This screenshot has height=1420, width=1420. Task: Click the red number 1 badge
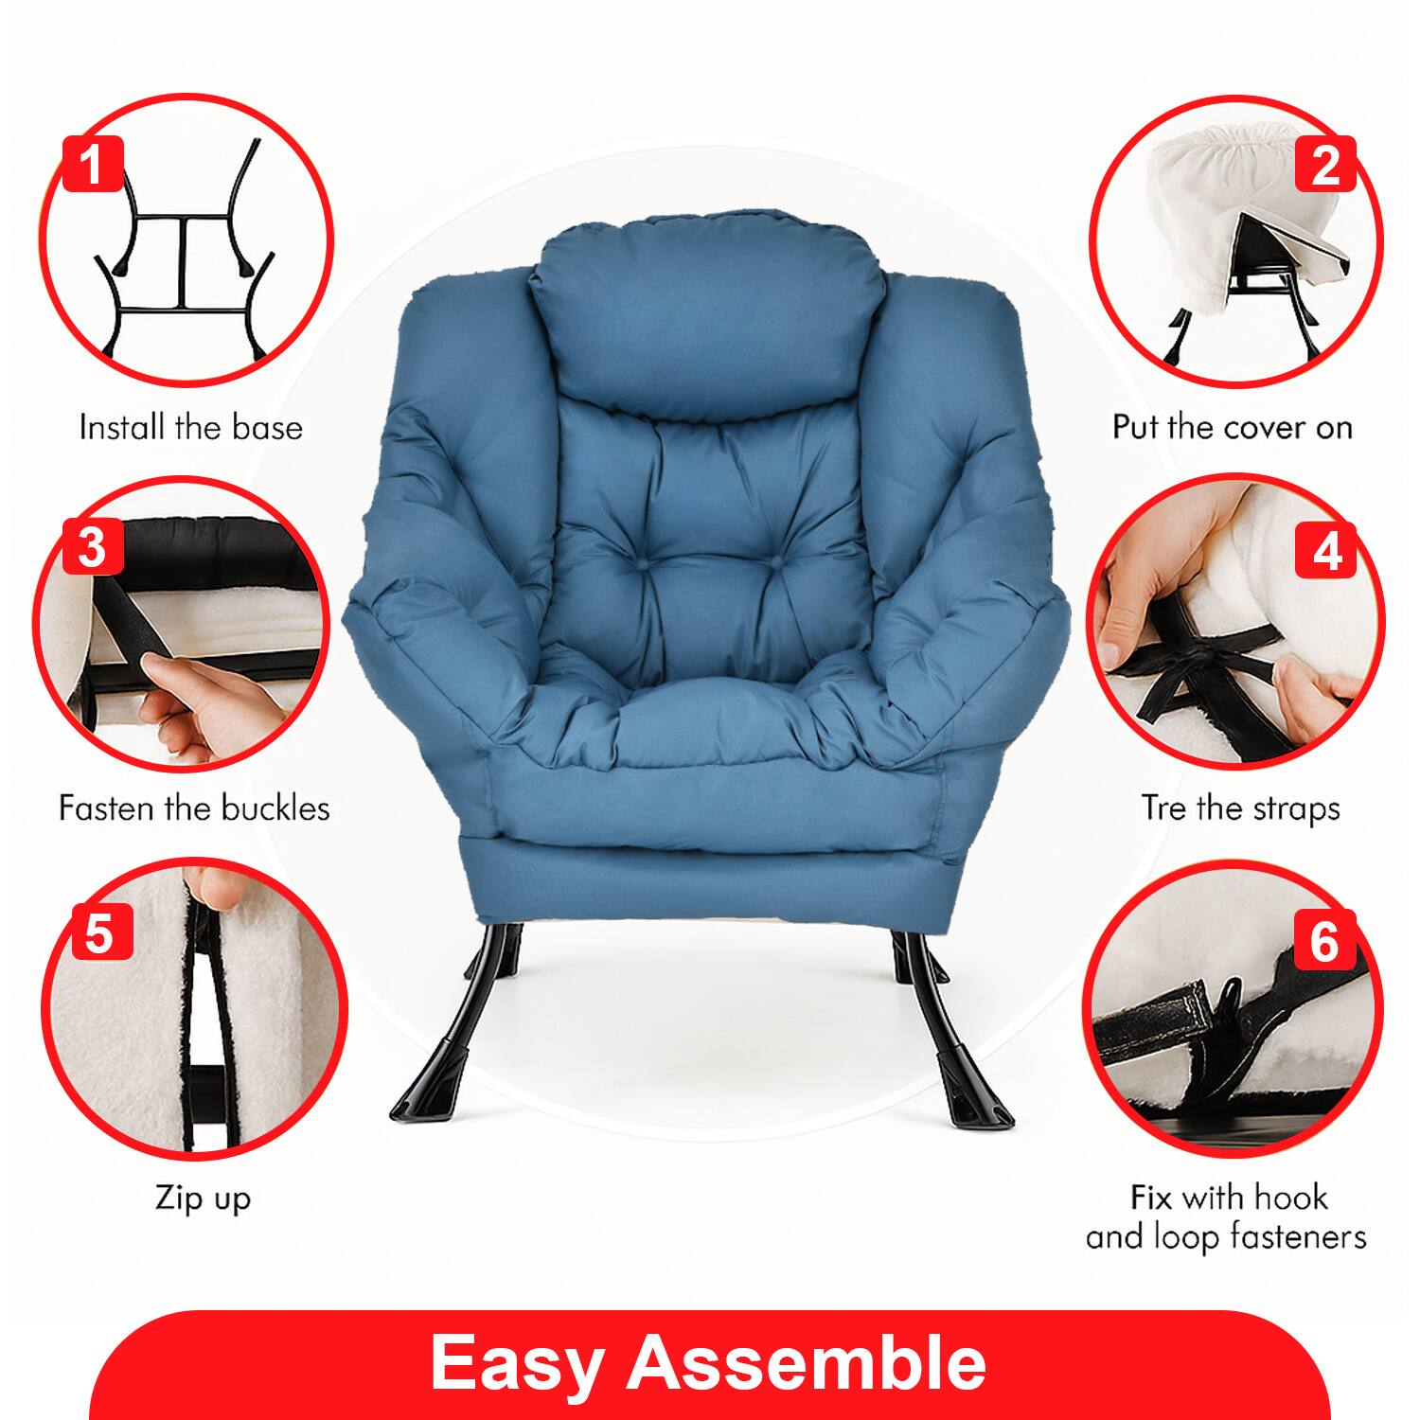click(92, 163)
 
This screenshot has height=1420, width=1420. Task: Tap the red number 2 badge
click(1325, 163)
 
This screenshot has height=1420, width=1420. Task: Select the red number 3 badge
click(92, 546)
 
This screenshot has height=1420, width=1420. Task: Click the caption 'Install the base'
click(190, 428)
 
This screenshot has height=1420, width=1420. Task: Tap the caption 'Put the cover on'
click(1232, 428)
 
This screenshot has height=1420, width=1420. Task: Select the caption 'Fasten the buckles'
click(194, 808)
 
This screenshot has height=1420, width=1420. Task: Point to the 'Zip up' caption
click(203, 1199)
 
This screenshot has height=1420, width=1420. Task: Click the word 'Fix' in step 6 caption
click(1151, 1198)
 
